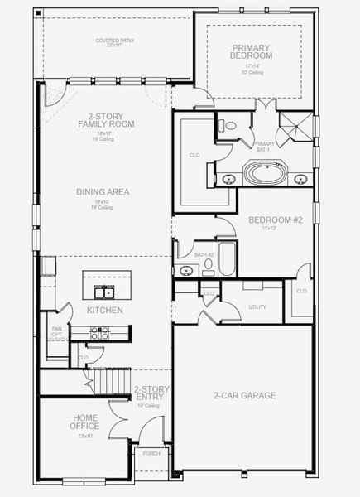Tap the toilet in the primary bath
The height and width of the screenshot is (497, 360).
(229, 126)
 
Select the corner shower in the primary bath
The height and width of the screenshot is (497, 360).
(294, 130)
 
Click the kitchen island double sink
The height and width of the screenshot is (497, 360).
(104, 292)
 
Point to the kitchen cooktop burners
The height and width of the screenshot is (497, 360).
(101, 333)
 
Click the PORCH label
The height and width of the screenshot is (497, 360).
(151, 453)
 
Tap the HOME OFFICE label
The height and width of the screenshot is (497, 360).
(85, 422)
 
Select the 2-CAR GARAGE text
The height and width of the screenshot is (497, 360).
(244, 395)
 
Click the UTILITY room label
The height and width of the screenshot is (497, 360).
(257, 306)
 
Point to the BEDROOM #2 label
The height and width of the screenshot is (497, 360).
(276, 220)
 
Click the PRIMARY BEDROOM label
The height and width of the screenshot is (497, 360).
(252, 51)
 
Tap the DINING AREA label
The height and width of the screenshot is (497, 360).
(103, 191)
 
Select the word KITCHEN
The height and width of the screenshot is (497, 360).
(105, 311)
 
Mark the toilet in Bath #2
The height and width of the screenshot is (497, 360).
(208, 267)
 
